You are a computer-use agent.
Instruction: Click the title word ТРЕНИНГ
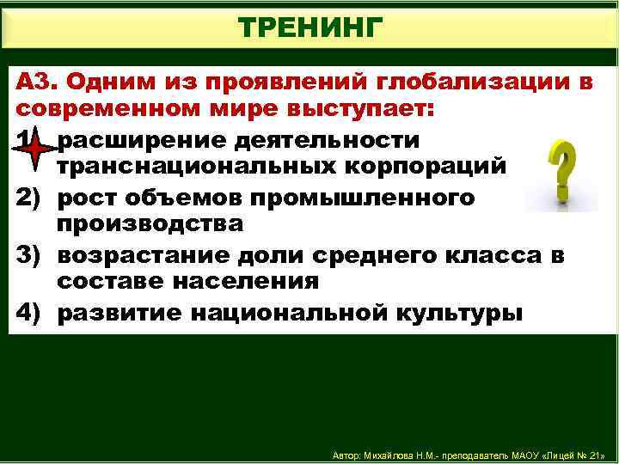[309, 27]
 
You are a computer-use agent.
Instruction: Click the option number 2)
[31, 197]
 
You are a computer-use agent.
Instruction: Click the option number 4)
[31, 311]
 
